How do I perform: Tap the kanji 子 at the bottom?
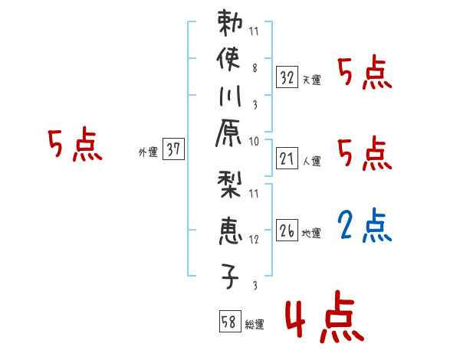231,276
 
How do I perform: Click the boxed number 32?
287,78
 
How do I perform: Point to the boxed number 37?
173,150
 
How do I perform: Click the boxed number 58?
229,322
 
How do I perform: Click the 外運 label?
148,152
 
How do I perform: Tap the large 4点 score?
322,320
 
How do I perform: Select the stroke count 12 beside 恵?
254,240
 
